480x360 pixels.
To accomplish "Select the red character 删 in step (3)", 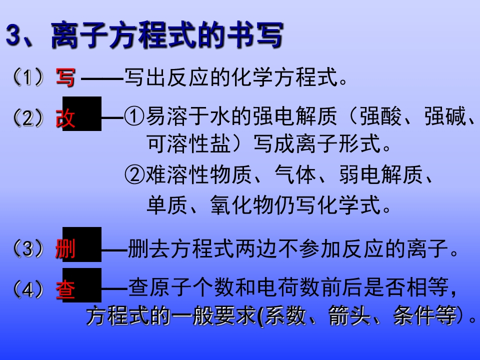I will point(65,248).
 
